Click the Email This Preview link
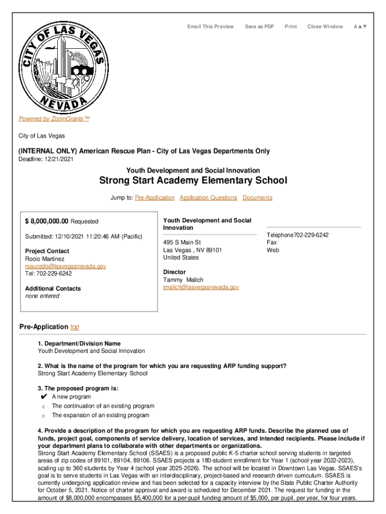210,27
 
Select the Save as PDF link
259,27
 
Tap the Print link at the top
291,27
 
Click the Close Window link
325,27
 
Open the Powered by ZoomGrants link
54,119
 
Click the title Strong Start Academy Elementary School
193,181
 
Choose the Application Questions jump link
208,198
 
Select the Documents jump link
257,198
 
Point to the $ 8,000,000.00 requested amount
47,221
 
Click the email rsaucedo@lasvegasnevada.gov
65,266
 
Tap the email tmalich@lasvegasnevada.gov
201,287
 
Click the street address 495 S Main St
181,242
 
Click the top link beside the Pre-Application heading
75,327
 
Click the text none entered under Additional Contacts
42,296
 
